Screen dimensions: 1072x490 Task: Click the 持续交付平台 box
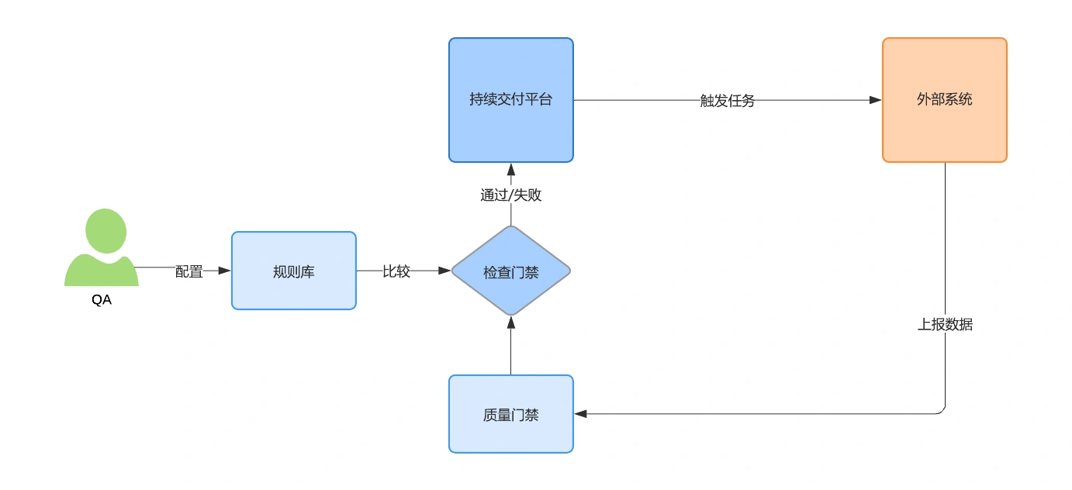click(x=510, y=100)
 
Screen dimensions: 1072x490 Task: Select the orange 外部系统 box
click(x=945, y=100)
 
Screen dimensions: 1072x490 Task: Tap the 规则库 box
click(x=294, y=271)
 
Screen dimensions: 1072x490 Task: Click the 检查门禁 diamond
click(x=510, y=271)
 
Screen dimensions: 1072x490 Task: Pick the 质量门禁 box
click(x=510, y=414)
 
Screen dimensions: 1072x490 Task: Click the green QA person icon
click(x=102, y=247)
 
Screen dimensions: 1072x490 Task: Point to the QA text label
click(x=102, y=300)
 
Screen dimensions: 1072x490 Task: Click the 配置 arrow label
click(x=189, y=271)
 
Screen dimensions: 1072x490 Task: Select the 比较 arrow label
click(x=396, y=271)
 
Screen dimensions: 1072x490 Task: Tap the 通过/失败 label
click(x=510, y=195)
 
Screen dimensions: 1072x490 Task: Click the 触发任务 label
click(x=727, y=101)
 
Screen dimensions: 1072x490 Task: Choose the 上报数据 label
click(x=945, y=324)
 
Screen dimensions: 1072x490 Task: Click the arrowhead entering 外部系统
click(x=875, y=100)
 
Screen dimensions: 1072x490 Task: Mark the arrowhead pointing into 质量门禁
click(x=580, y=414)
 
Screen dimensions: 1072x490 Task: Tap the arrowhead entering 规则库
click(x=224, y=271)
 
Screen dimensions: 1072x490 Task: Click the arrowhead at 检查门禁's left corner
click(x=444, y=271)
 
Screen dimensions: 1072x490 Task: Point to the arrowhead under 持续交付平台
click(x=510, y=169)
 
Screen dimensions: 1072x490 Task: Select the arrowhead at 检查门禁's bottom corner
click(x=510, y=323)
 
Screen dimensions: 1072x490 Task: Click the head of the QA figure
click(x=105, y=230)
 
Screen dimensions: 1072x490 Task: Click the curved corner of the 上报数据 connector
click(x=942, y=411)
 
